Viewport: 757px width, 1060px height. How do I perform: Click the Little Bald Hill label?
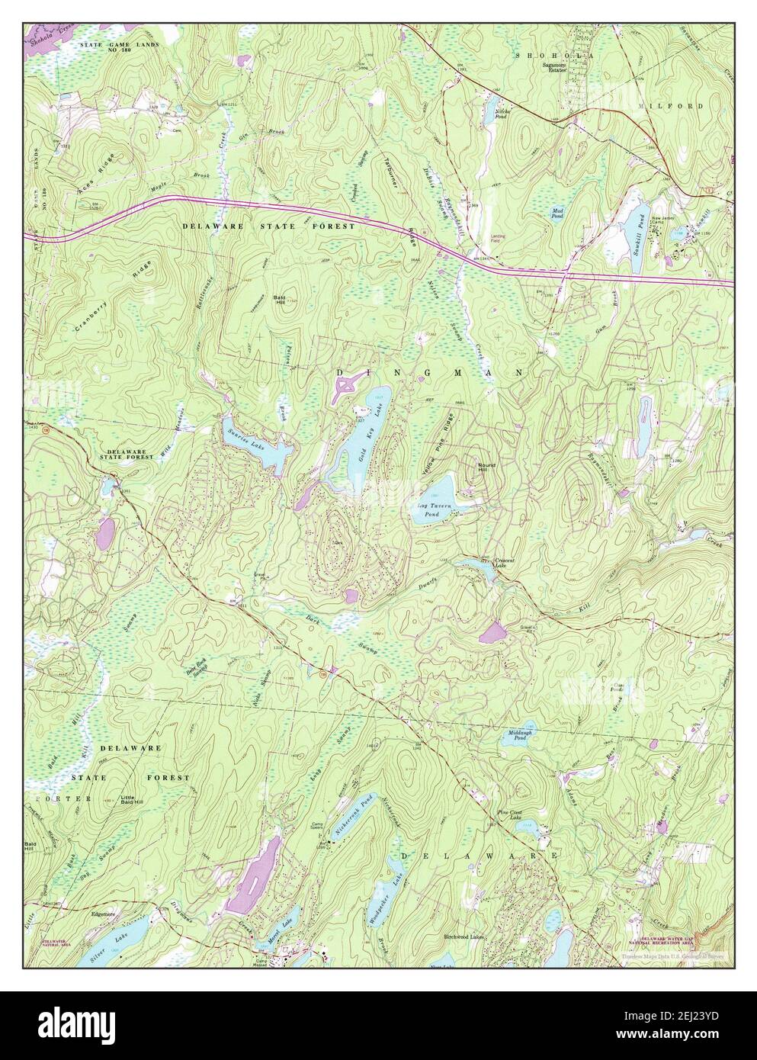(x=136, y=801)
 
